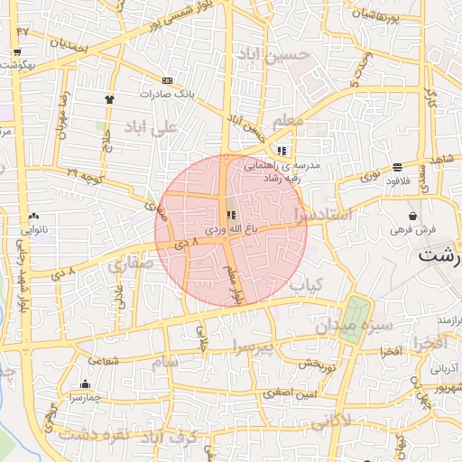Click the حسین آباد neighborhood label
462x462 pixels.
point(273,55)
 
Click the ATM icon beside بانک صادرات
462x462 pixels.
point(166,80)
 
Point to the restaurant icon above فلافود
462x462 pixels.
point(398,166)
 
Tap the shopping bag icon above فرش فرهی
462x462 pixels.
point(413,217)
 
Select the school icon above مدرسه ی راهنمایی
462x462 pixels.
point(282,151)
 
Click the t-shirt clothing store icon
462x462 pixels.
point(110,99)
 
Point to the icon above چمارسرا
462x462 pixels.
point(85,383)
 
